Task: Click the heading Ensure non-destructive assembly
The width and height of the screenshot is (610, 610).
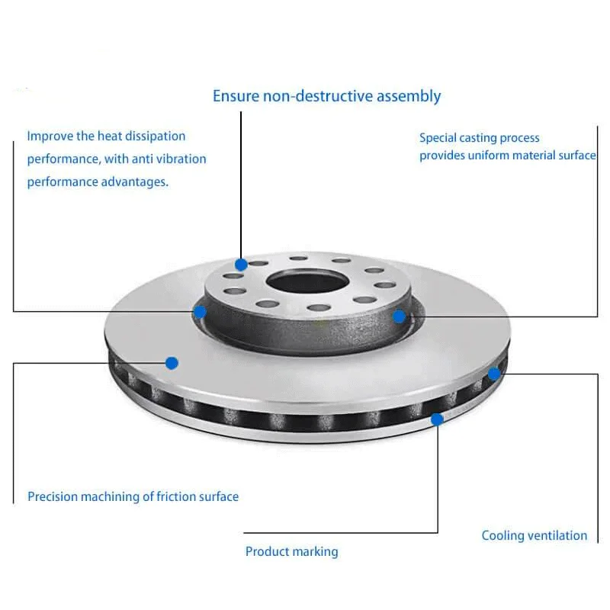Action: click(x=326, y=96)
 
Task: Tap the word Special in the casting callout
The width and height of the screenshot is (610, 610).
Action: click(x=437, y=138)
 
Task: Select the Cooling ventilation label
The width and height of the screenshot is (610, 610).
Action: click(x=534, y=535)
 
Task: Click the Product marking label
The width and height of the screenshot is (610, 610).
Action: click(x=291, y=551)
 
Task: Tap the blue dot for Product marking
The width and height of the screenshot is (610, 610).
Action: click(x=437, y=419)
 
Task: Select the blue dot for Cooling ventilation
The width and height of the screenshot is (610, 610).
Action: click(x=494, y=374)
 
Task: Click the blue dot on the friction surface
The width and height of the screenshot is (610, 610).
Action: click(x=172, y=363)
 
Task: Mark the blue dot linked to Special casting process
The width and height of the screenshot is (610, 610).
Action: click(x=399, y=316)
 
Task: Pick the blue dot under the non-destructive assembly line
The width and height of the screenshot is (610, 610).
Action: click(x=241, y=265)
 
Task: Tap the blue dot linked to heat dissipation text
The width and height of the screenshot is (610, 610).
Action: click(x=200, y=311)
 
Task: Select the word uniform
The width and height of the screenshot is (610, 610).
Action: click(x=493, y=156)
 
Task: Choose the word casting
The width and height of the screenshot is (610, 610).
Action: click(x=480, y=138)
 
